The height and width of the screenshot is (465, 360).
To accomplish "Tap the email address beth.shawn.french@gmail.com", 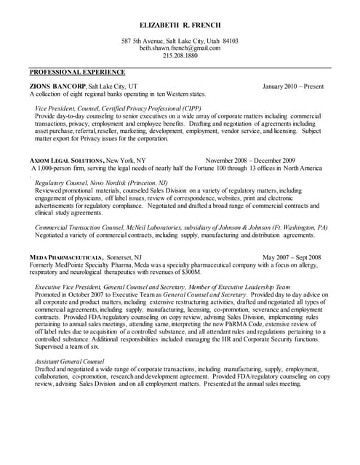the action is tap(180, 48).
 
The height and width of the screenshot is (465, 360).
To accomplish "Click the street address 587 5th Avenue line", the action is tap(180, 41).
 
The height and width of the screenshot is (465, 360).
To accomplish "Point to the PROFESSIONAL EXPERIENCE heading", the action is tap(77, 73).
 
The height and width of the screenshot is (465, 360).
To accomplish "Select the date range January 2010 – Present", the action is tap(293, 86).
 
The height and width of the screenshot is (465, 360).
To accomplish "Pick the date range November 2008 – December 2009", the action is tap(250, 160).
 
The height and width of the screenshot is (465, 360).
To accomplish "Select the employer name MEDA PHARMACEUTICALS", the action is tap(65, 257).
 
